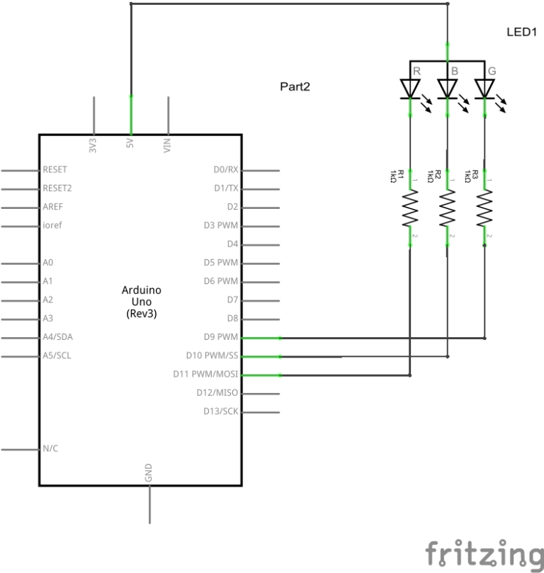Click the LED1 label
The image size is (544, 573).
pos(523,33)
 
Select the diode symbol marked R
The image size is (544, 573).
pos(410,88)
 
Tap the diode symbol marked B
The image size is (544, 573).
pos(447,88)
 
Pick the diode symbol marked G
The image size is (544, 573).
pos(484,88)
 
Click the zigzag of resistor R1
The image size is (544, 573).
pos(410,208)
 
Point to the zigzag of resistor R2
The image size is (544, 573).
pos(447,208)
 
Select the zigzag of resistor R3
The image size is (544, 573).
pos(484,208)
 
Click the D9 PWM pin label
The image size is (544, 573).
pos(220,336)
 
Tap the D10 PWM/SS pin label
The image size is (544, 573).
pos(212,355)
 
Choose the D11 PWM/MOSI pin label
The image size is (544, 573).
pos(205,373)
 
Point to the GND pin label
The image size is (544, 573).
pos(149,473)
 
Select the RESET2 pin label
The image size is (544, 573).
pos(57,188)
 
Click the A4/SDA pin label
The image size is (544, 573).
pos(57,336)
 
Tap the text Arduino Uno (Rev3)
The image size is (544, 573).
pos(142,301)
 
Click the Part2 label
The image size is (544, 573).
pos(295,86)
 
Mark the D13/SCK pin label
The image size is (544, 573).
pos(220,411)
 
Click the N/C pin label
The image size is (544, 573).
pos(50,448)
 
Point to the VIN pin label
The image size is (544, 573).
pos(168,146)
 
